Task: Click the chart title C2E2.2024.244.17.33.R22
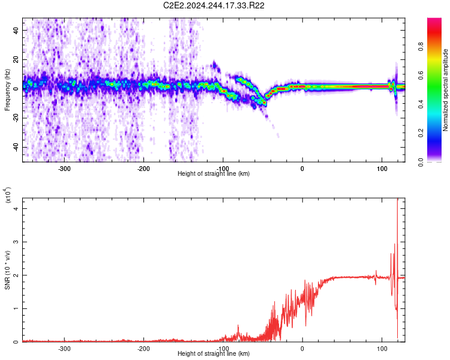[x=214, y=5]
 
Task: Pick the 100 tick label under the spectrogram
[x=382, y=168]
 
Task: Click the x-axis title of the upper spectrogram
[x=214, y=174]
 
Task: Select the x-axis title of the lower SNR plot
[x=214, y=354]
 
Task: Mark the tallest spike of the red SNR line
[x=398, y=200]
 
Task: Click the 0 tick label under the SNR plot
[x=302, y=348]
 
